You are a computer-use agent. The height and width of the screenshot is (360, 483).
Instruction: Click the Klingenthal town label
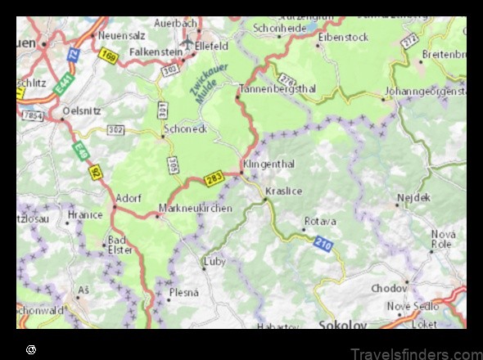[x=269, y=164]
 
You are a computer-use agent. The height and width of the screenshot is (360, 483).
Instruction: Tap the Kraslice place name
[x=284, y=191]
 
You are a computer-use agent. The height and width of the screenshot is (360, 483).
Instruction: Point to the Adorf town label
[x=129, y=198]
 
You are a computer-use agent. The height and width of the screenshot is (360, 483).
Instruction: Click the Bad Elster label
[x=119, y=245]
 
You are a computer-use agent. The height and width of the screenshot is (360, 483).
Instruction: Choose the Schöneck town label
[x=186, y=128]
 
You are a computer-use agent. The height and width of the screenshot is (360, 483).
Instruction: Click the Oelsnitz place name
[x=83, y=109]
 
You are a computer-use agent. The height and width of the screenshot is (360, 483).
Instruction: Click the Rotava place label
[x=320, y=222]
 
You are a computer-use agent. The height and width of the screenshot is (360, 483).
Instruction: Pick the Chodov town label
[x=389, y=288]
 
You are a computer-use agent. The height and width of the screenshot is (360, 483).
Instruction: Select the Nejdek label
[x=413, y=197]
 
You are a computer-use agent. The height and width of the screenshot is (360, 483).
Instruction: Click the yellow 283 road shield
[x=214, y=178]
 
